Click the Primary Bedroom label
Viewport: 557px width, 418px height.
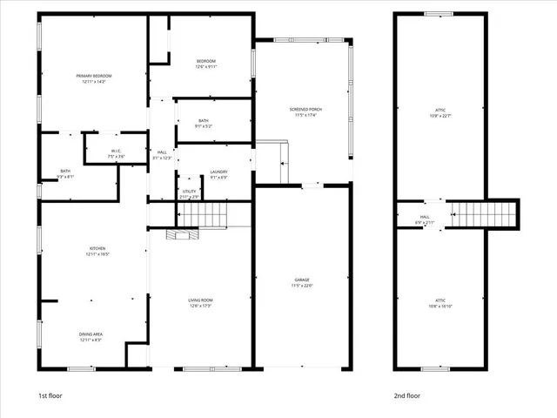point(93,77)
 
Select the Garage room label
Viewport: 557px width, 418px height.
point(301,280)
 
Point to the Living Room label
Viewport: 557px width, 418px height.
point(201,300)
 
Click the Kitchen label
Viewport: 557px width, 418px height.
point(97,249)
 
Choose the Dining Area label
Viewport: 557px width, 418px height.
point(97,334)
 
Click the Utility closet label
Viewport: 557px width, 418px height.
point(189,192)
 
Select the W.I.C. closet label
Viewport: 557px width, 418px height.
point(115,151)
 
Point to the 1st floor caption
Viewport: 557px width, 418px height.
point(50,395)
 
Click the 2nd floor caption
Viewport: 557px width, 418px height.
point(406,395)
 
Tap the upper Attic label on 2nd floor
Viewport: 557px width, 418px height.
point(440,110)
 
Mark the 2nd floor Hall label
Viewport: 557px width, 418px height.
point(425,218)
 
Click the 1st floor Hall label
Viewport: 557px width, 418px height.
point(162,152)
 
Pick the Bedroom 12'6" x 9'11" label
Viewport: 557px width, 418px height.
point(206,61)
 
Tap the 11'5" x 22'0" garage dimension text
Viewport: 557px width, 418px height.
point(301,286)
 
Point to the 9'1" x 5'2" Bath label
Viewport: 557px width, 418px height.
point(203,121)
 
